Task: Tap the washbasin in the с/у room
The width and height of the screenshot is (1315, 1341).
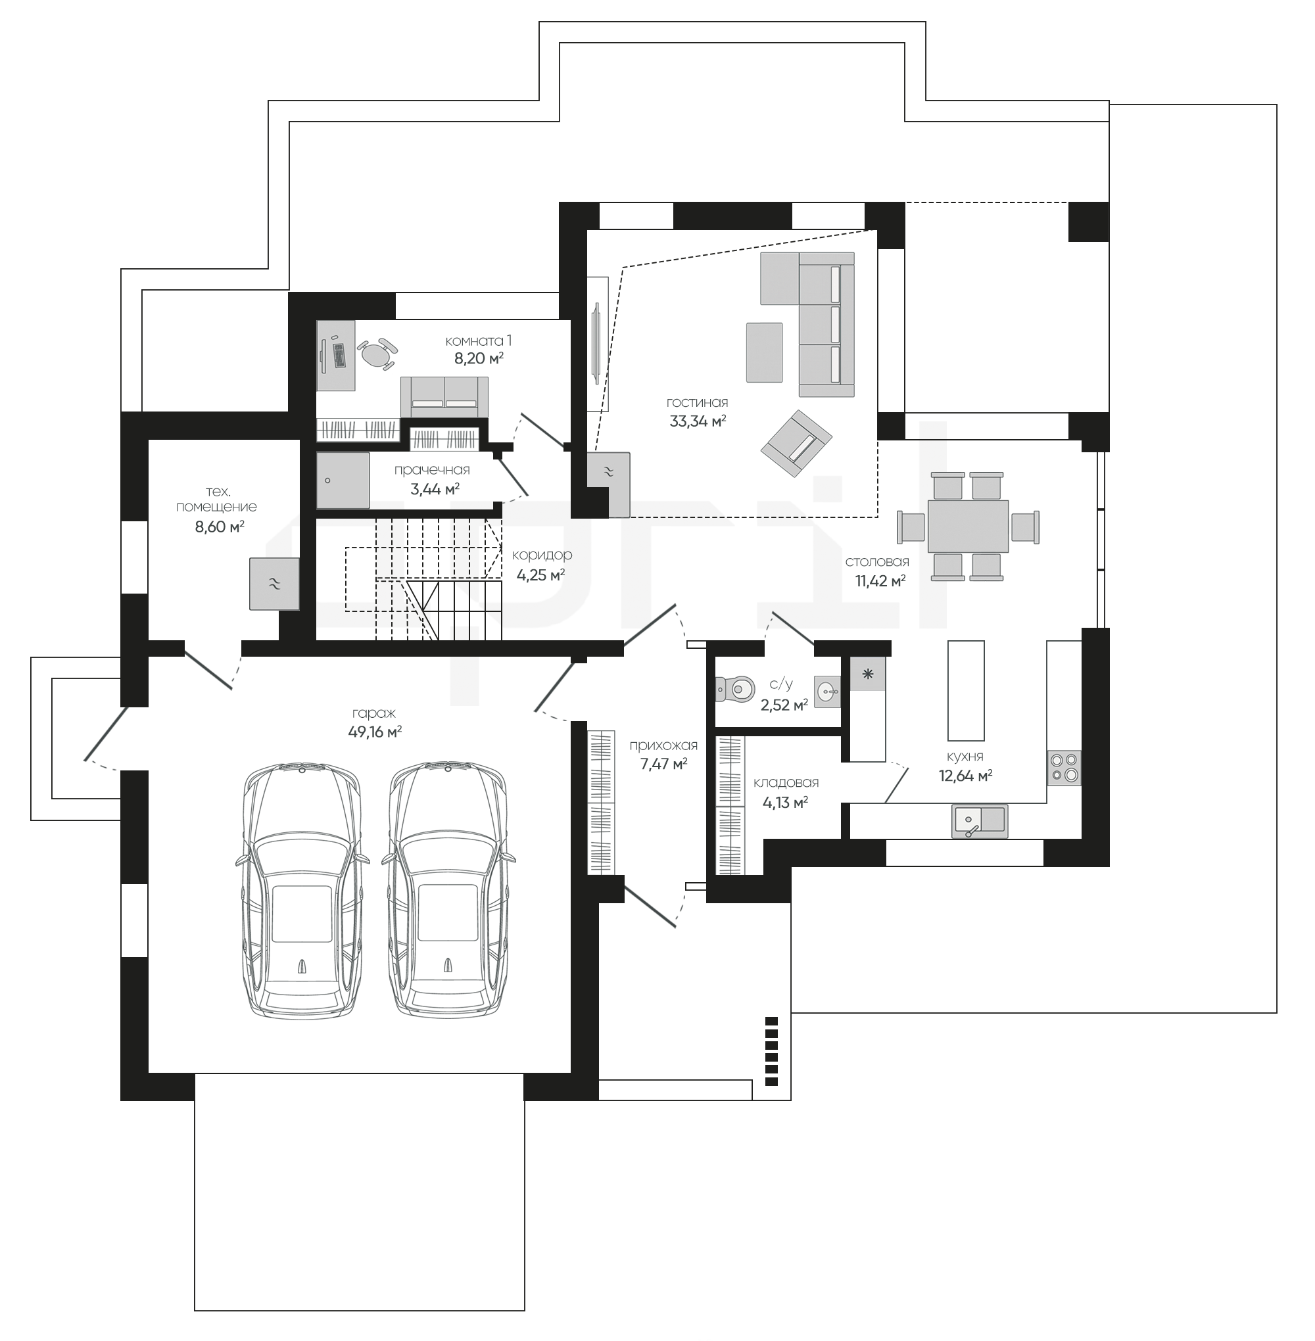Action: click(827, 690)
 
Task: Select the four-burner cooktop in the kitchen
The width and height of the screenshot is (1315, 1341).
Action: click(1064, 768)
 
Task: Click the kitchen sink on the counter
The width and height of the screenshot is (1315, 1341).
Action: click(979, 821)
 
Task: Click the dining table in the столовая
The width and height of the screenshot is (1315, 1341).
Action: click(968, 526)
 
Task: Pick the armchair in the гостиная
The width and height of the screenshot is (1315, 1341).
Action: click(796, 443)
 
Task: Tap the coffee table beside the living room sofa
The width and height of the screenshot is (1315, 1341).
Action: click(764, 352)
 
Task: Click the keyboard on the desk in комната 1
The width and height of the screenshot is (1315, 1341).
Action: click(339, 355)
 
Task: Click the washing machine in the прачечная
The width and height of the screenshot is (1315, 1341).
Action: click(343, 480)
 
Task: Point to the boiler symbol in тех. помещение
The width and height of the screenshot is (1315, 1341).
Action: click(274, 584)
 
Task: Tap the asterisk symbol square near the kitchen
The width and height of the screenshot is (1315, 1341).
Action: click(867, 674)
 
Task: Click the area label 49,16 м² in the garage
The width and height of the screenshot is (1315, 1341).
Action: click(375, 731)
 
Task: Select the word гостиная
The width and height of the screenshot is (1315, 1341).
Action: click(697, 402)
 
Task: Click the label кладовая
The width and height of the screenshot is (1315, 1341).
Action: click(786, 782)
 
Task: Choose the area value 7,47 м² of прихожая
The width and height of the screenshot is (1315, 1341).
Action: click(663, 763)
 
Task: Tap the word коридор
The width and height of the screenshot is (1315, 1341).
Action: click(542, 555)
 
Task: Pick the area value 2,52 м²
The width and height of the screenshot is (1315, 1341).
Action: click(784, 705)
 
